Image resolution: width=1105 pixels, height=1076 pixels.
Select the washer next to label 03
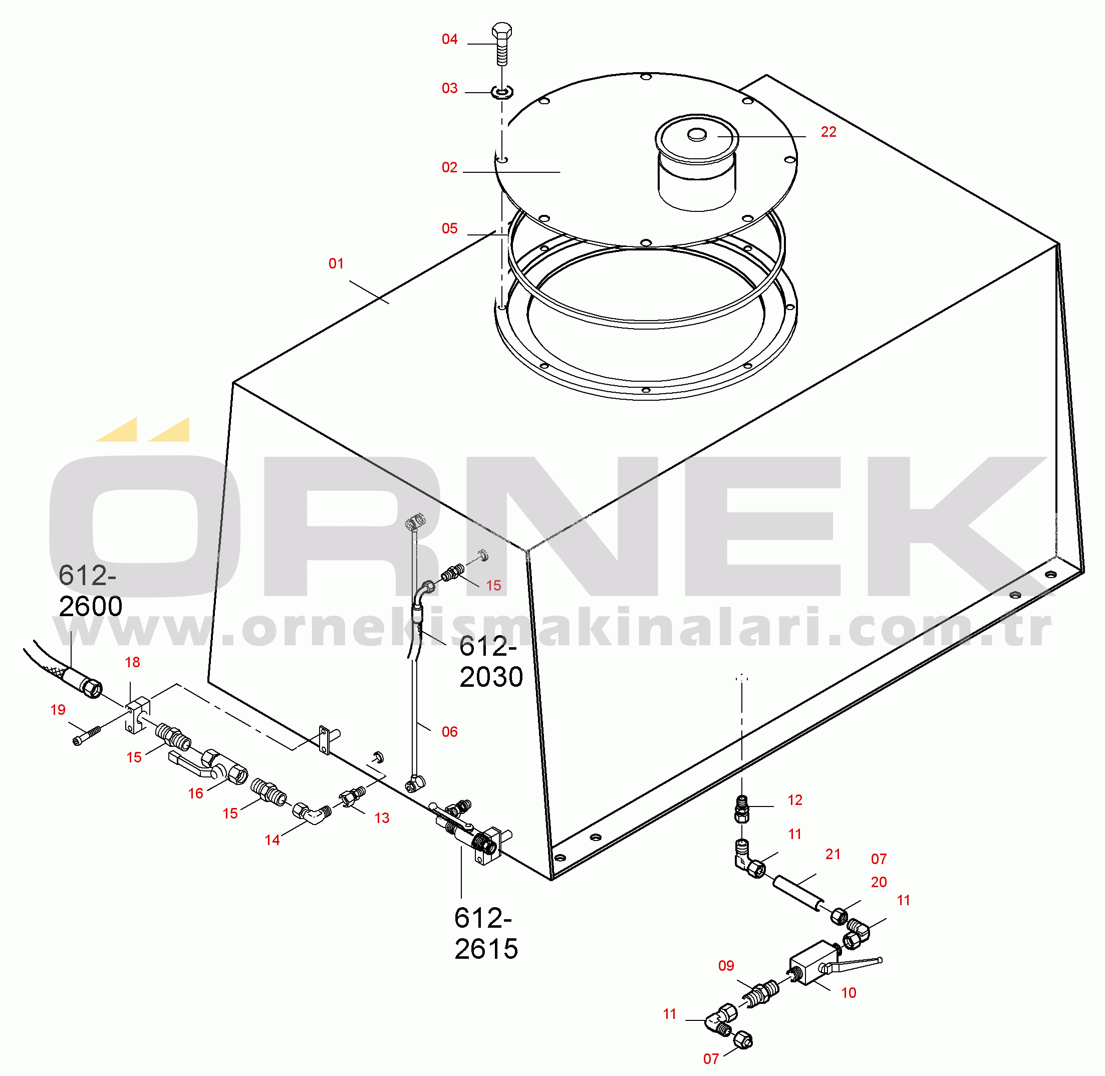pos(501,92)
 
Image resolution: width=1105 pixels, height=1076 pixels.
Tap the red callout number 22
pos(828,132)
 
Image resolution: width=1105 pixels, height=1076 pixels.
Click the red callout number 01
pos(336,263)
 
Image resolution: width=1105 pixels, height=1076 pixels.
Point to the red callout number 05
pos(449,228)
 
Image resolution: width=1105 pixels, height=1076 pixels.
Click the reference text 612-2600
pos(89,591)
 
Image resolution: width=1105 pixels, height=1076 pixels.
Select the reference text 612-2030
pos(490,662)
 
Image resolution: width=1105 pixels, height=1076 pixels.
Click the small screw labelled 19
pos(87,735)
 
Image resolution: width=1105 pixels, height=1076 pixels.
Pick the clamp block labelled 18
pos(137,715)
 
